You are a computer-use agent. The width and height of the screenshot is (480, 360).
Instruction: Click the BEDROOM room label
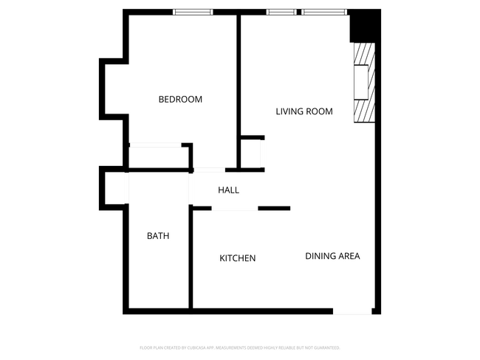tap(180, 100)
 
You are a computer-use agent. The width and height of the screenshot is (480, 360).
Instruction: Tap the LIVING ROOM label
tap(304, 112)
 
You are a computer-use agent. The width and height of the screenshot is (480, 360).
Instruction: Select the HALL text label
tap(228, 190)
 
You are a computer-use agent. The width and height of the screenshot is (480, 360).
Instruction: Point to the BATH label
tap(158, 236)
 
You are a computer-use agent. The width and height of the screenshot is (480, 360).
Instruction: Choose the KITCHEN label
tap(237, 258)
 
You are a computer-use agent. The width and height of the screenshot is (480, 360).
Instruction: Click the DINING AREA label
tap(332, 256)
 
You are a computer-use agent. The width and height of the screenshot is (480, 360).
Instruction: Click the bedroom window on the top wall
tap(193, 12)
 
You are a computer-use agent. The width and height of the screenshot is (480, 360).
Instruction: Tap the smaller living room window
tap(281, 12)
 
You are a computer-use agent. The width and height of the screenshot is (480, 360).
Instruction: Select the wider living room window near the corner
tap(324, 12)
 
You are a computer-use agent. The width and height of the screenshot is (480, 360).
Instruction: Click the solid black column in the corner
tap(363, 27)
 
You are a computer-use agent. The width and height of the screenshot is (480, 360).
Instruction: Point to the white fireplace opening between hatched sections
tap(362, 83)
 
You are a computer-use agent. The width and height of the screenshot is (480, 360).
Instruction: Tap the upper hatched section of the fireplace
tap(362, 55)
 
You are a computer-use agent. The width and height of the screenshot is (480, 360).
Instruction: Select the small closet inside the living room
tap(252, 153)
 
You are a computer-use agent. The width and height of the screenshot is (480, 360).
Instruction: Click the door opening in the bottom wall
tap(352, 311)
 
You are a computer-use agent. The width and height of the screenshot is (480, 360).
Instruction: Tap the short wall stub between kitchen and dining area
tap(274, 209)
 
